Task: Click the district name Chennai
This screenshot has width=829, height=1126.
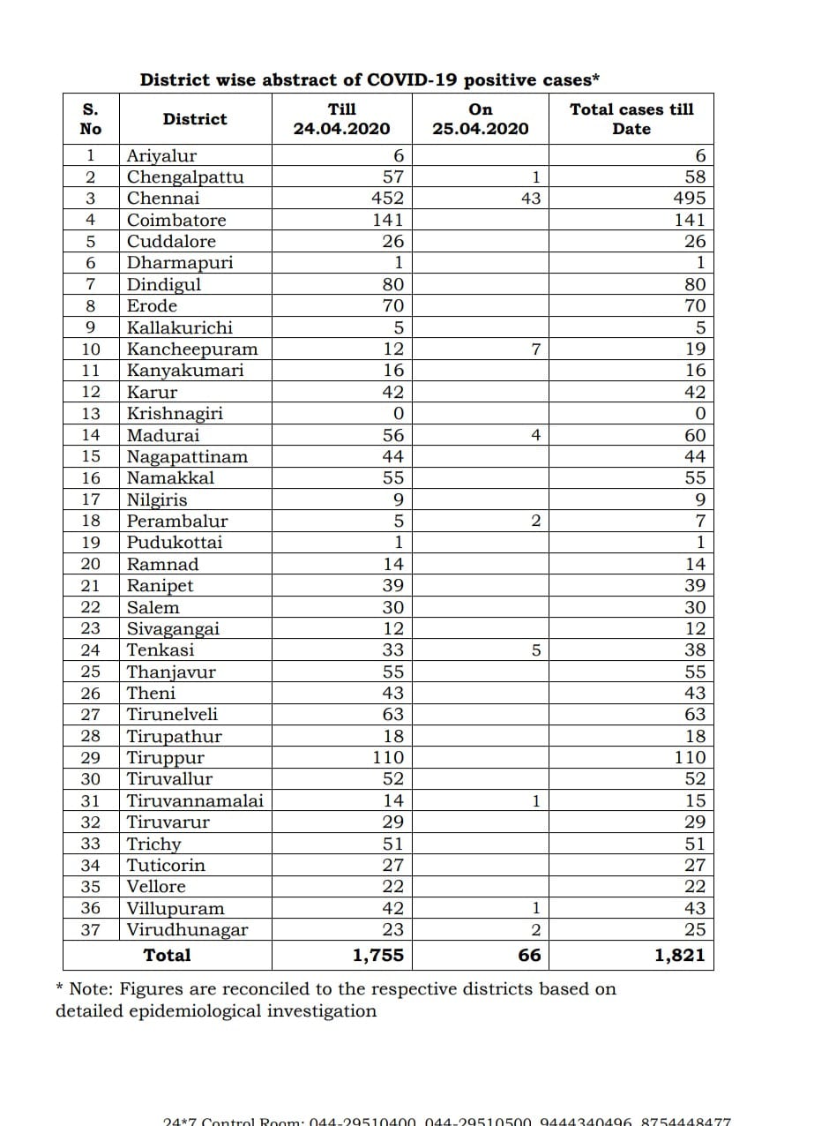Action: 163,199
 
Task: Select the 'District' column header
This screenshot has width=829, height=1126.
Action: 194,119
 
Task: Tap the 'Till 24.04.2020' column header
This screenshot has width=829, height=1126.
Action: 341,119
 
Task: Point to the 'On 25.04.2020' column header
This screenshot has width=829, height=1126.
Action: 481,119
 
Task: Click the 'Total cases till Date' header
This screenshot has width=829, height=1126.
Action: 631,119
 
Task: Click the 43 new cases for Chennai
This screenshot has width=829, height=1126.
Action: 530,199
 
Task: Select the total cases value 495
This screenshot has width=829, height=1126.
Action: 690,199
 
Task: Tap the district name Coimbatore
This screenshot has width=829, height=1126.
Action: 176,221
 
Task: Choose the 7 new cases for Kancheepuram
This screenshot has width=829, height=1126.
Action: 535,349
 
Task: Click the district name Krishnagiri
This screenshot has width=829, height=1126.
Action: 175,414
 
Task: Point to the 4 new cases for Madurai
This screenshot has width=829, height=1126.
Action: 535,435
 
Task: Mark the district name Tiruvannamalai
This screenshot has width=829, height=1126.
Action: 195,801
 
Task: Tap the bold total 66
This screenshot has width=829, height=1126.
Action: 529,955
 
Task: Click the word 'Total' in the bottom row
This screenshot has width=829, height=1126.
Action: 167,955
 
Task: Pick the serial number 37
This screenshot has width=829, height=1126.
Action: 91,930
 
